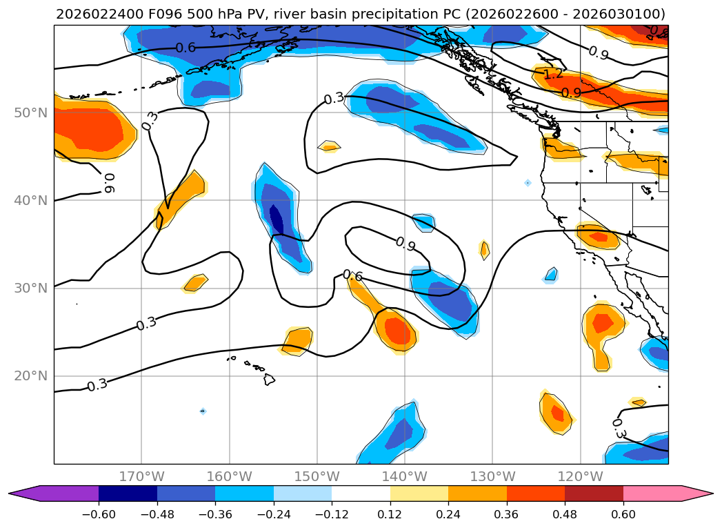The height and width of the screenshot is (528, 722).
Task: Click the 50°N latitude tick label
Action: (30, 113)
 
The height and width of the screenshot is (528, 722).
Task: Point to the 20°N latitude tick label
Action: (30, 376)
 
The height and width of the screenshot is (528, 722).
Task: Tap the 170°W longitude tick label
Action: (141, 476)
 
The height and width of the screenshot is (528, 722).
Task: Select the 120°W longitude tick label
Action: (580, 476)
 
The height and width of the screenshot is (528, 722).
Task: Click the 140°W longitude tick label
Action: (405, 476)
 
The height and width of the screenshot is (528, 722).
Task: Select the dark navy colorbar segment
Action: (128, 493)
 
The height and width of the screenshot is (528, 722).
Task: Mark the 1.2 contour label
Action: (552, 74)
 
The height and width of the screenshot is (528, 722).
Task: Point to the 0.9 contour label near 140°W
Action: (405, 243)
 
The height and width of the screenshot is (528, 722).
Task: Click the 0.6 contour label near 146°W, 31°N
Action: (352, 275)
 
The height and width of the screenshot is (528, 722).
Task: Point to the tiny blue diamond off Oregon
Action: (528, 183)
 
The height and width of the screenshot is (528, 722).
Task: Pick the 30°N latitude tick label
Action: (30, 289)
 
